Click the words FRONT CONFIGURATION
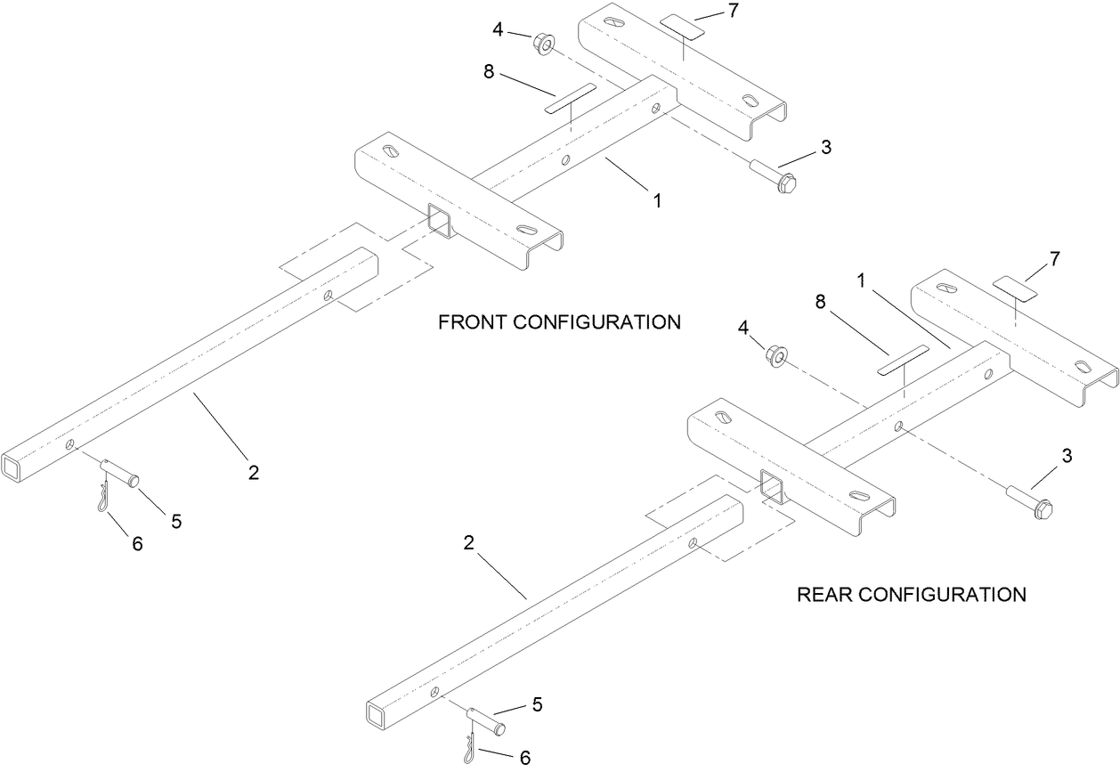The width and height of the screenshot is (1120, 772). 559,322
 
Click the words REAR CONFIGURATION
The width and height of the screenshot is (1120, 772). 911,594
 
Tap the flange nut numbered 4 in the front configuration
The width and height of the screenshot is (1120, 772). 540,42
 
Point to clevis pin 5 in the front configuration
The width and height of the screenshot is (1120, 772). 122,471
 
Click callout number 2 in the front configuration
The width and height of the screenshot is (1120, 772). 254,473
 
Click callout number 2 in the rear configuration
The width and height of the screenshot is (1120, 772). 468,542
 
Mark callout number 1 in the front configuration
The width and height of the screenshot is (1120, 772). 657,201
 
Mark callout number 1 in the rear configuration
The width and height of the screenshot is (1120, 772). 861,280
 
